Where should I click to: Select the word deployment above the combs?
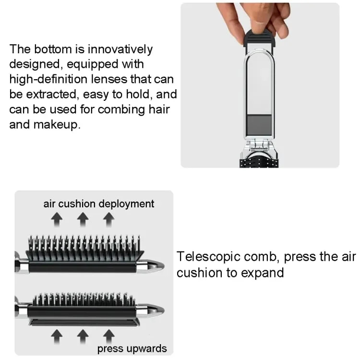(127, 204)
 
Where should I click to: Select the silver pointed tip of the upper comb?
(154, 264)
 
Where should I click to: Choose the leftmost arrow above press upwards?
(58, 334)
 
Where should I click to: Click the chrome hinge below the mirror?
(260, 152)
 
